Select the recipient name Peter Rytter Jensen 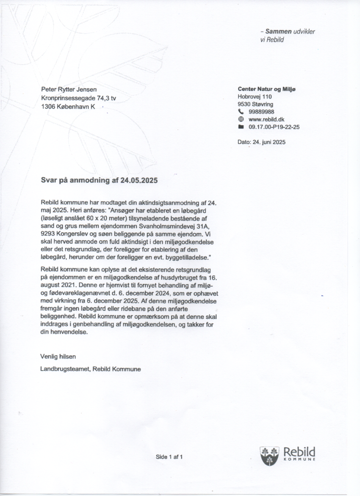tap(69, 89)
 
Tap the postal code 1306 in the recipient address tap(48, 107)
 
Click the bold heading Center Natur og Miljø tap(266, 89)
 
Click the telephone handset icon tap(241, 112)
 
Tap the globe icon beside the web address tap(241, 120)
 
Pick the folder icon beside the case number tap(241, 127)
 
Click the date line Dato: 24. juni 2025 tap(261, 142)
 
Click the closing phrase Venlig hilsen tap(58, 356)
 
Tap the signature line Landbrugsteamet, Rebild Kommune tap(91, 369)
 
